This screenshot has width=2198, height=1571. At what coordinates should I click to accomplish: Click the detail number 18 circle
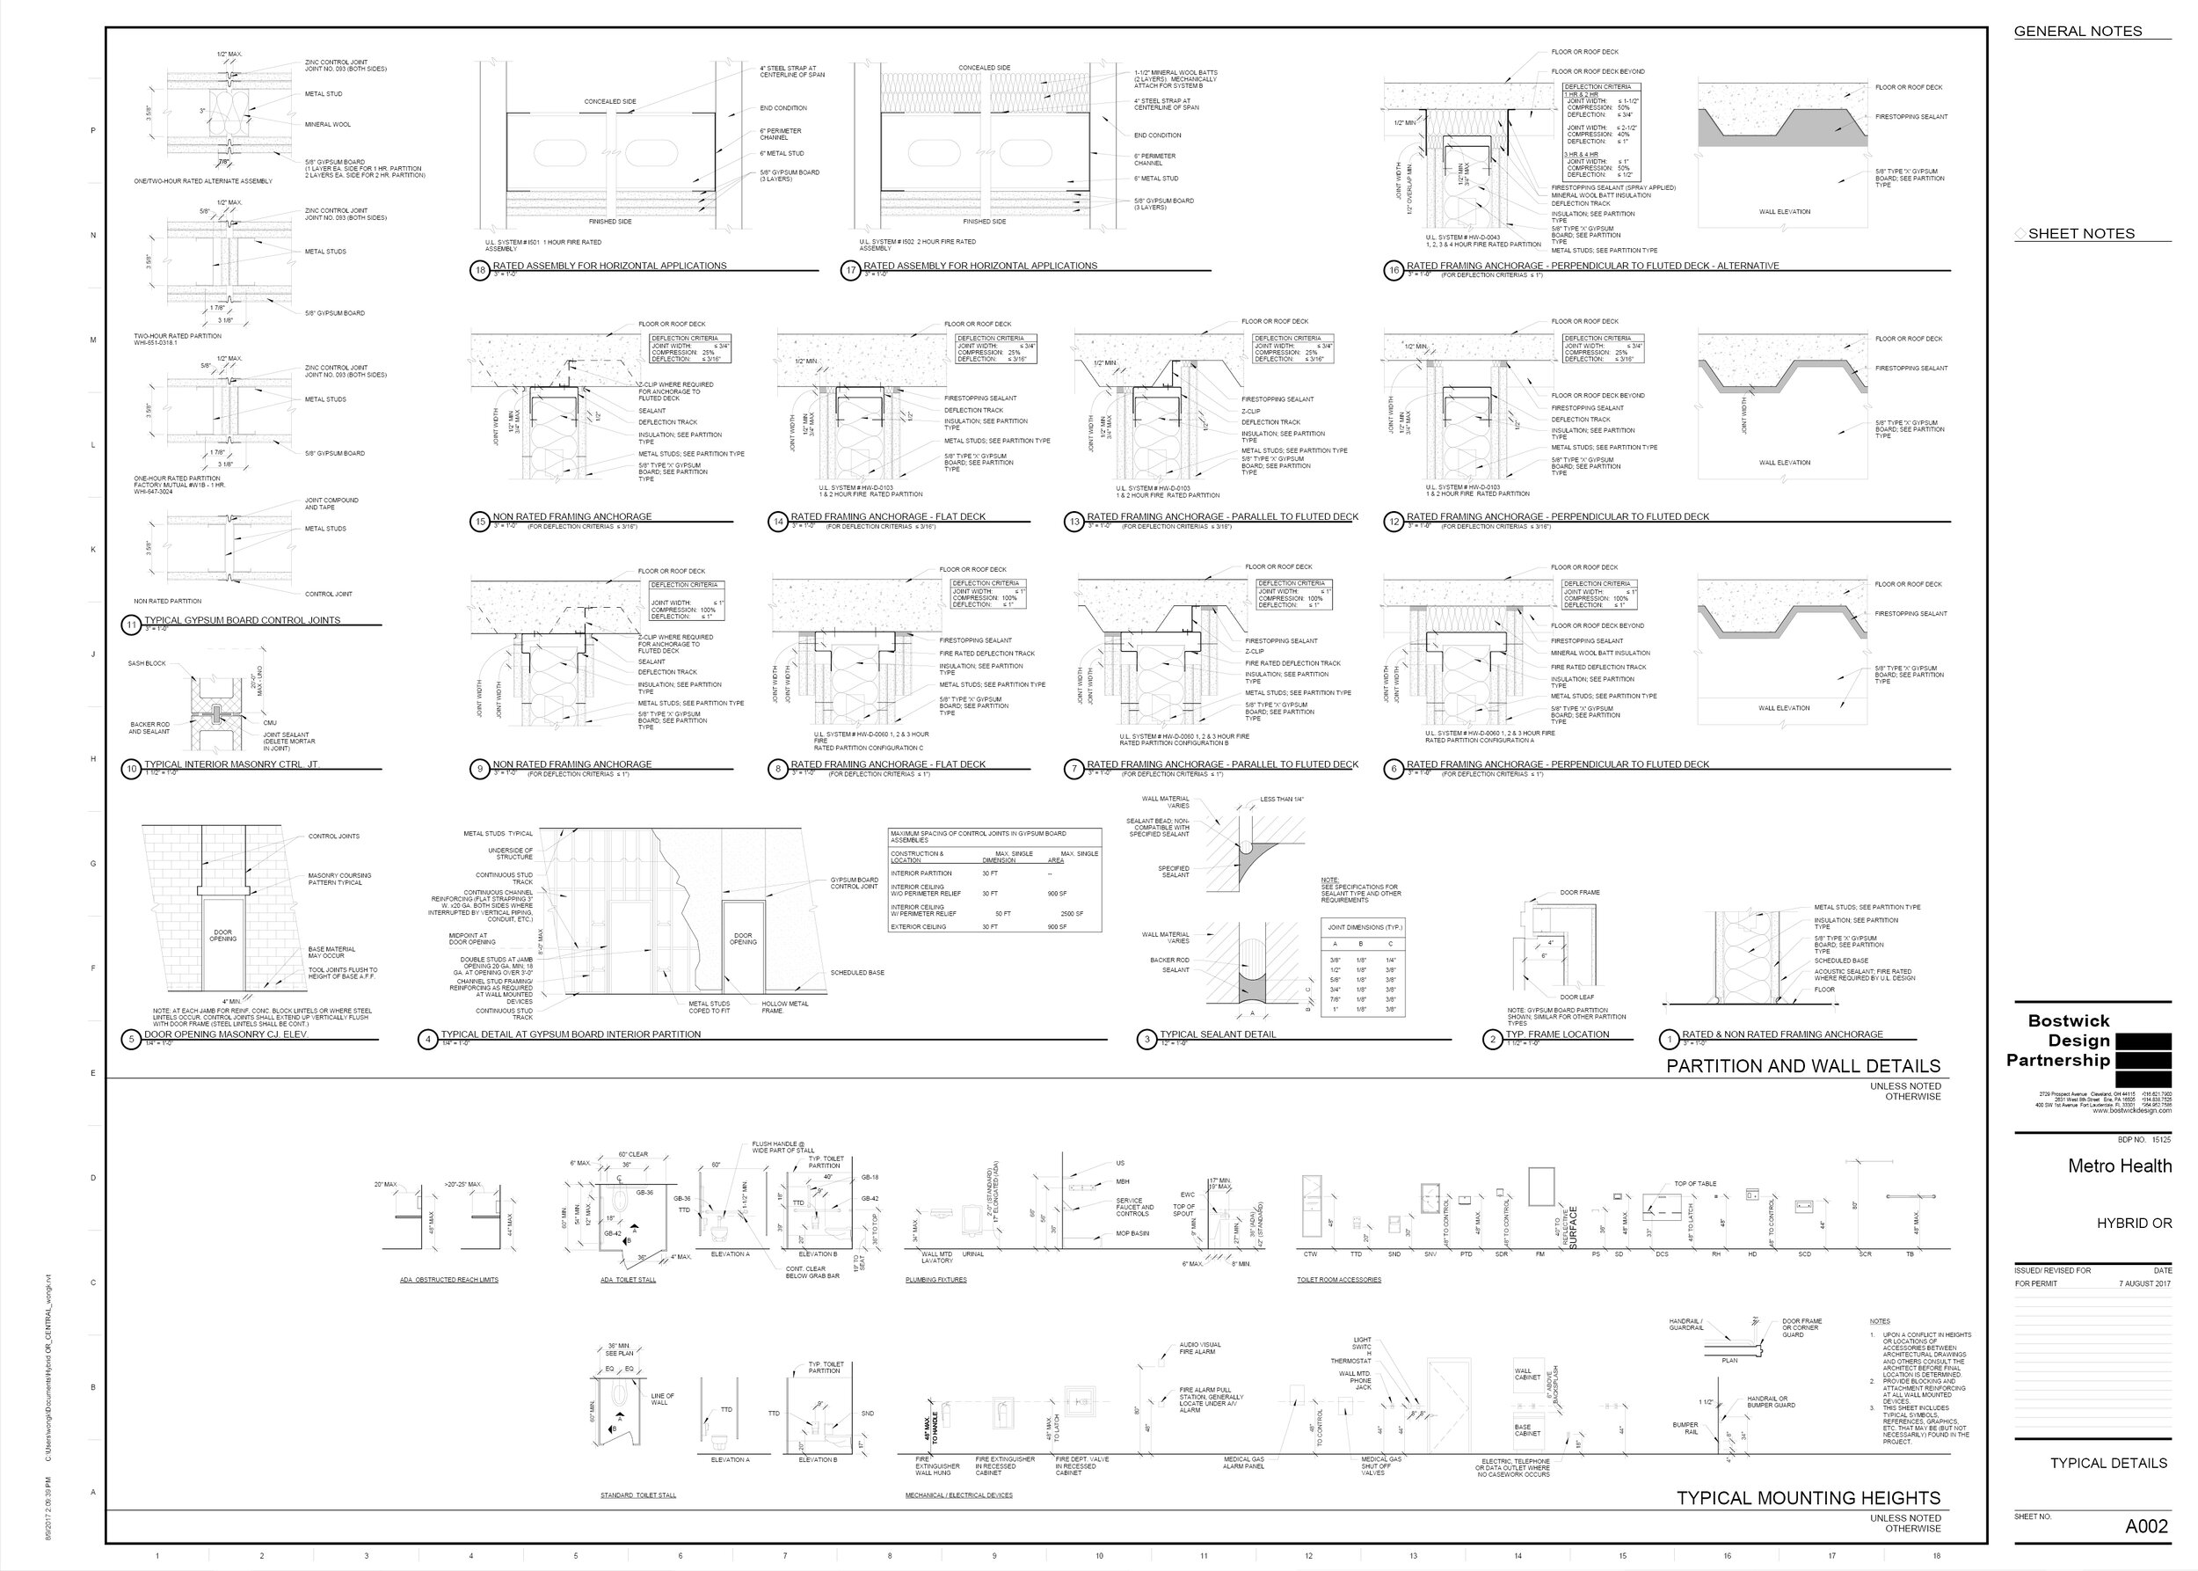pyautogui.click(x=481, y=271)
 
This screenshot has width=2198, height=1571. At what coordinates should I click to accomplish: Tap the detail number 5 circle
pyautogui.click(x=132, y=1040)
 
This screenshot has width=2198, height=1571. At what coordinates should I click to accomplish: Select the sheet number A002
pyautogui.click(x=2146, y=1526)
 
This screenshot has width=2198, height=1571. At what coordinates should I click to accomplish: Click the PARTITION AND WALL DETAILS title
pyautogui.click(x=1802, y=1066)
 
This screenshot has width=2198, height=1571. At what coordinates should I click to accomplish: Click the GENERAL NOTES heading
pyautogui.click(x=2078, y=31)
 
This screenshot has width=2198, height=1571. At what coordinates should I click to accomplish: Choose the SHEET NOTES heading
pyautogui.click(x=2081, y=233)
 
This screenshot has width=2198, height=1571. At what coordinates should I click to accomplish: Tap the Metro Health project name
pyautogui.click(x=2119, y=1165)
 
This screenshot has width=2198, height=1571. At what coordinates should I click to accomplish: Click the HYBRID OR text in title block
pyautogui.click(x=2133, y=1223)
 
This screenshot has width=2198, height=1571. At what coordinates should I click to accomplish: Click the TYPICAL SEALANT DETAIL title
pyautogui.click(x=1218, y=1034)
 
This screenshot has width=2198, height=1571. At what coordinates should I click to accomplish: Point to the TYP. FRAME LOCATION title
pyautogui.click(x=1557, y=1034)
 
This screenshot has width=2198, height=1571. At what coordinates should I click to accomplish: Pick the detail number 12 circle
pyautogui.click(x=1394, y=522)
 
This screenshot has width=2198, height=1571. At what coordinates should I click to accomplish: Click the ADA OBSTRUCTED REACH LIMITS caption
pyautogui.click(x=448, y=1280)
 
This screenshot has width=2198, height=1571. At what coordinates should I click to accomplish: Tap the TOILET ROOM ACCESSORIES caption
pyautogui.click(x=1338, y=1280)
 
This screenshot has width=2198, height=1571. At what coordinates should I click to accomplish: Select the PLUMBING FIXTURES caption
pyautogui.click(x=935, y=1280)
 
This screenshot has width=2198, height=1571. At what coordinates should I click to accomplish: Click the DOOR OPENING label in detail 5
pyautogui.click(x=222, y=935)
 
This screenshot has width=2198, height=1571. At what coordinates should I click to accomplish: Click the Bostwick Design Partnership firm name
pyautogui.click(x=2058, y=1040)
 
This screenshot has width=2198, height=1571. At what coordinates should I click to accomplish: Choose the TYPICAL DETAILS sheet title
pyautogui.click(x=2108, y=1463)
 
